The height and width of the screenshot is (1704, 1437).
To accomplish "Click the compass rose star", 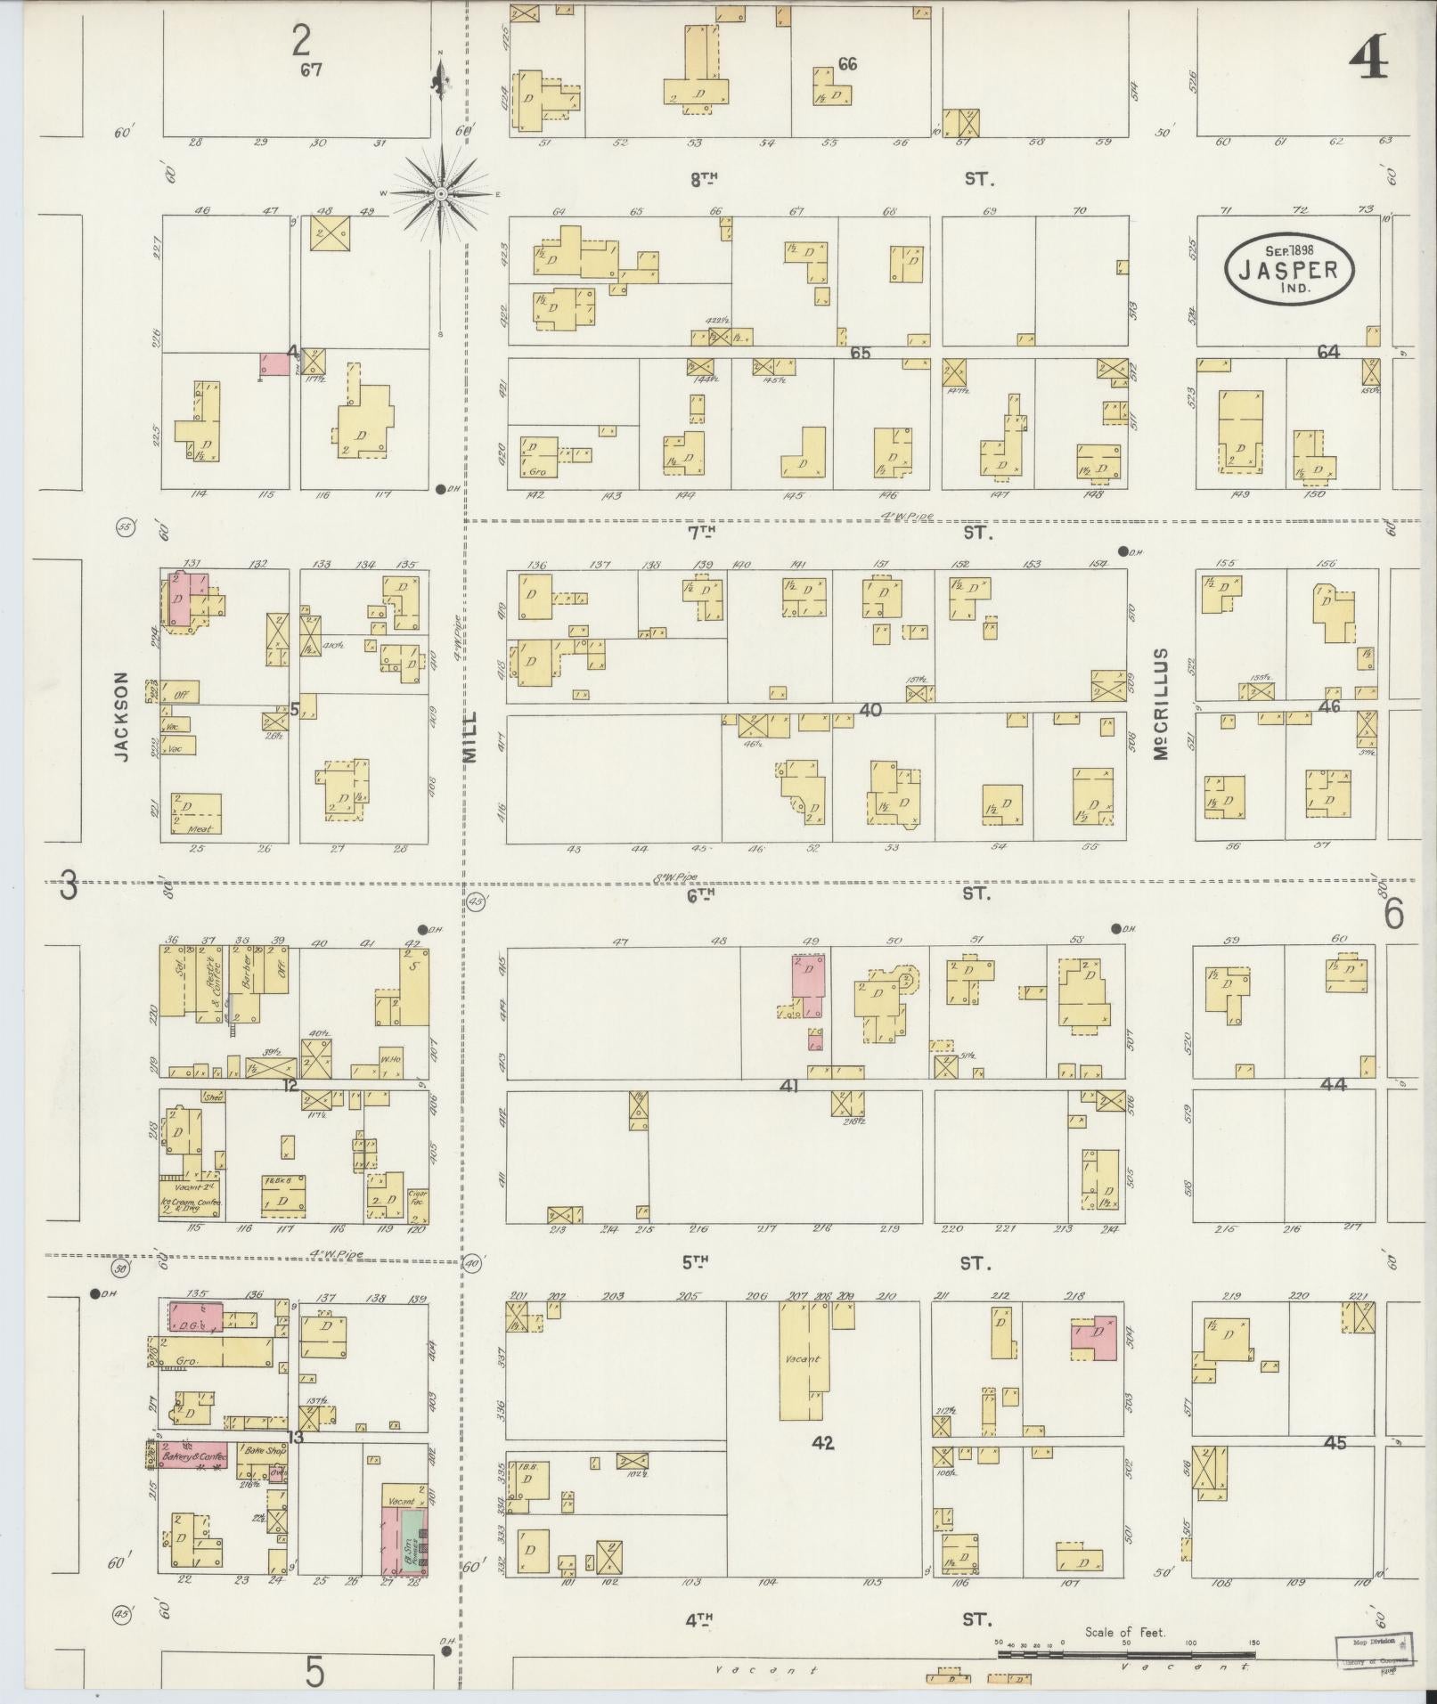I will (441, 193).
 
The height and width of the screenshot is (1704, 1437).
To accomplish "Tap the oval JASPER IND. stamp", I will (1288, 265).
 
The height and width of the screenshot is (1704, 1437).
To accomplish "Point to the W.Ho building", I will (389, 1059).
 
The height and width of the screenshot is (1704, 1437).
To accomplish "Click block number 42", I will (822, 1442).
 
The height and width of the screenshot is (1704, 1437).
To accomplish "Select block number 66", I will (846, 63).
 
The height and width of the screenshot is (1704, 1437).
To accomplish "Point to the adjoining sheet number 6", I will (1393, 913).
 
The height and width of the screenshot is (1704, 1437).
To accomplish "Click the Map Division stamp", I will (1372, 1648).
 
